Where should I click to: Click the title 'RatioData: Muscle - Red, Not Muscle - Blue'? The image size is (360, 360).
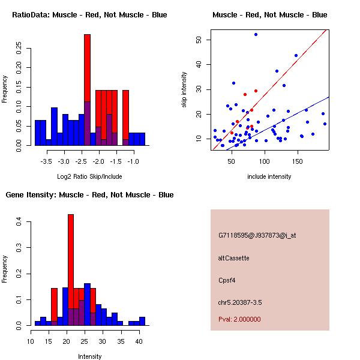coord(89,14)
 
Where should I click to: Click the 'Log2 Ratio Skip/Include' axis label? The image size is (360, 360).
coord(89,176)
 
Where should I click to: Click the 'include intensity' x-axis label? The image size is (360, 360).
coord(269,176)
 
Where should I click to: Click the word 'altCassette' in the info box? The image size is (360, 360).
coord(233,258)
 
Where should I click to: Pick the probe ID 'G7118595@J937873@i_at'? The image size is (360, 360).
coord(257,235)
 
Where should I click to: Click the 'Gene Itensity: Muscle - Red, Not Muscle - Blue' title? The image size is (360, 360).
coord(89,195)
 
